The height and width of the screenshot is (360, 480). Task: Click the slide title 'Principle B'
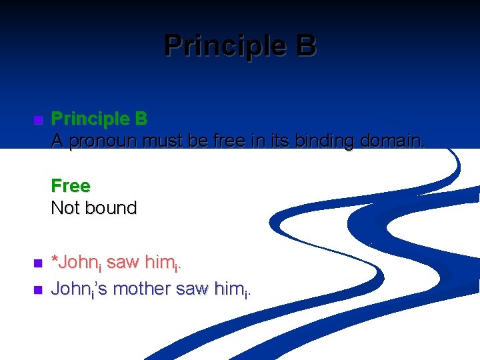240,46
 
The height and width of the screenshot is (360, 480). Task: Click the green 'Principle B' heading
99,119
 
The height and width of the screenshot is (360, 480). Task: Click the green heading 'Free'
70,185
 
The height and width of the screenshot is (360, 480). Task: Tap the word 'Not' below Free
65,208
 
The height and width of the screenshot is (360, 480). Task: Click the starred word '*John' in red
75,263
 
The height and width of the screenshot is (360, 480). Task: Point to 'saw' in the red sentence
121,263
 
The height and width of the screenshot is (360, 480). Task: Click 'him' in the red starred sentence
160,263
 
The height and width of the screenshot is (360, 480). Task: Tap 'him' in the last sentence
227,289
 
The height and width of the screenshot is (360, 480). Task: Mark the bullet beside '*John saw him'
37,264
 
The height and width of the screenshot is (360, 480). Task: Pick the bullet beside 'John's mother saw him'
37,290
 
